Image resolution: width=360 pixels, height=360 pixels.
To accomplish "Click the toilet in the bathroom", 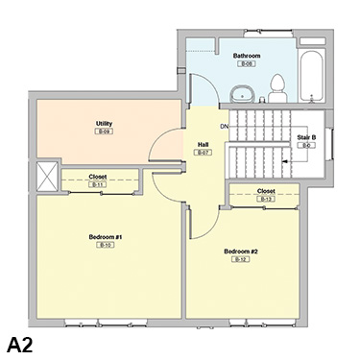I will pos(277,89).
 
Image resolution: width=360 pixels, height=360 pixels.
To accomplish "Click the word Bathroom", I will pos(247,56).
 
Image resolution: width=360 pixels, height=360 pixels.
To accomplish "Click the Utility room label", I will pos(104,123).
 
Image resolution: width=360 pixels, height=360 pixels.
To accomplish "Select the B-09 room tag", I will pos(104,132).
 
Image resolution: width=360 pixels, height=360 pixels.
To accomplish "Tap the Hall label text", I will pos(203,144).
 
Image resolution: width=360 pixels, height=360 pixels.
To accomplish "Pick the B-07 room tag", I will pos(203,153).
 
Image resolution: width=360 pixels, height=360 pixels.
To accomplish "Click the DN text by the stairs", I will pos(224,127).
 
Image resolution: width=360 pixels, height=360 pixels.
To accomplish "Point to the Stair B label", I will pos(307,137).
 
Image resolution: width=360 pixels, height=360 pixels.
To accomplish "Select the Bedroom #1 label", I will pos(106,236).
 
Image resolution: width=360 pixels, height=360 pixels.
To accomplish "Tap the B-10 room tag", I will pos(106,246).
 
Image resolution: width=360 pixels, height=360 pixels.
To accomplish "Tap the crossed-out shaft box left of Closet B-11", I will pos(46,178).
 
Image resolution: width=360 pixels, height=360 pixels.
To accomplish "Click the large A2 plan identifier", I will pos(26,343).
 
